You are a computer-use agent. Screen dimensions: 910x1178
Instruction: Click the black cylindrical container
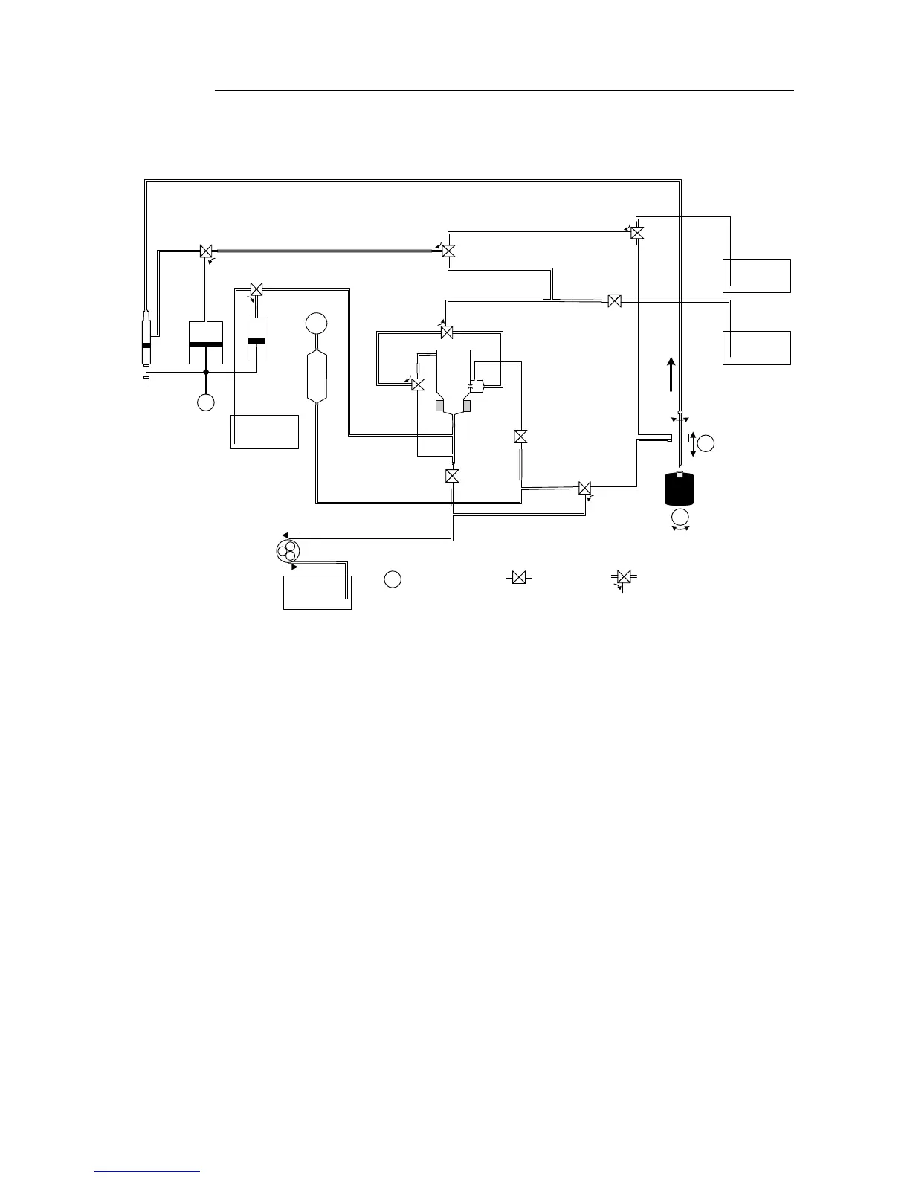679,489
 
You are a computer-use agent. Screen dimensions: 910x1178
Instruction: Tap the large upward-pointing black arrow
671,373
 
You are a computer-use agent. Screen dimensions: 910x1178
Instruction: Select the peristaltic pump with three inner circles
287,552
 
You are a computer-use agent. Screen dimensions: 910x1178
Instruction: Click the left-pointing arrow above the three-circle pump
291,535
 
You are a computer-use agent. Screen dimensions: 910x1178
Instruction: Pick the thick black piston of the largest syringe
207,344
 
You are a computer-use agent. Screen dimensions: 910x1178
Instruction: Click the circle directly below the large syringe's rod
206,402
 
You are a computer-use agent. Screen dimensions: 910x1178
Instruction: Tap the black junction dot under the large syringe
206,371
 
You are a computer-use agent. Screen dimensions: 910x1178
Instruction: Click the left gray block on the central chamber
440,405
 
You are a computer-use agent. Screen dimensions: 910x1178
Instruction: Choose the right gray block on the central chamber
467,405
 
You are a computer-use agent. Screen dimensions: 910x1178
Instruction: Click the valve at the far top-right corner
637,233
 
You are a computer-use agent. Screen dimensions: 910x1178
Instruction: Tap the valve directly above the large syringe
207,251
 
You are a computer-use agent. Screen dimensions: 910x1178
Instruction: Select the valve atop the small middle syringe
256,289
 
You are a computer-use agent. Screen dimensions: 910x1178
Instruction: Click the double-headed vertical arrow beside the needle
693,444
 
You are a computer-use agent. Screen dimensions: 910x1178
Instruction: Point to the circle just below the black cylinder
680,517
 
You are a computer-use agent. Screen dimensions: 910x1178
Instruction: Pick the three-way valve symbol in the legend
624,578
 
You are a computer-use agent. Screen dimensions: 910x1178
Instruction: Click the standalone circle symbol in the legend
393,579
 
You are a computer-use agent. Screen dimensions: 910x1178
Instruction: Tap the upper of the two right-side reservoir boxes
757,275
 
